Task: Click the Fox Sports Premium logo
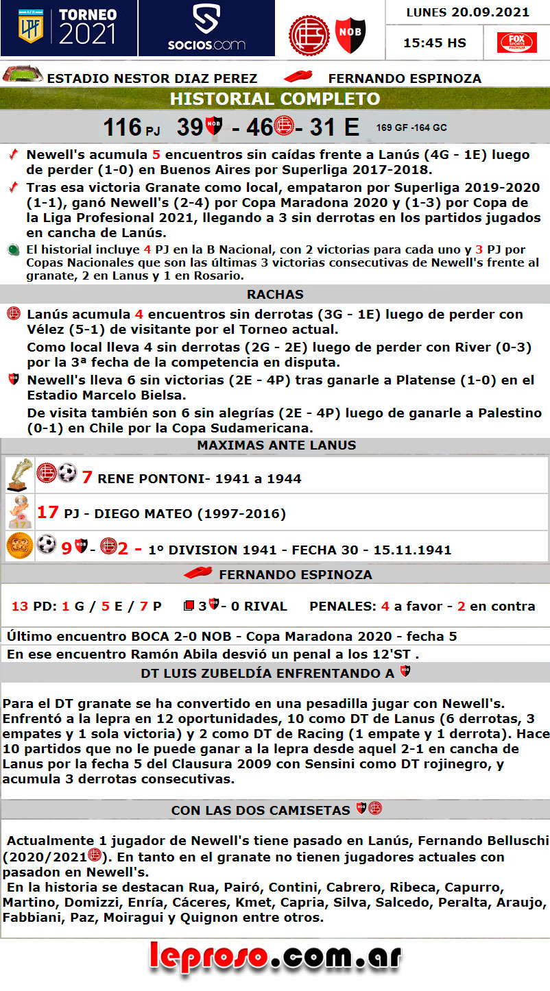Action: (x=517, y=42)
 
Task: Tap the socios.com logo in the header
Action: (x=206, y=28)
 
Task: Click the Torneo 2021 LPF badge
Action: (x=69, y=27)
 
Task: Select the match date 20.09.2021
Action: (x=490, y=12)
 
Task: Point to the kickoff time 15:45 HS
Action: (x=435, y=42)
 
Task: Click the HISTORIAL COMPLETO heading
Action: (x=275, y=99)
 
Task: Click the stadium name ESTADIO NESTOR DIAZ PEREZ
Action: (x=152, y=78)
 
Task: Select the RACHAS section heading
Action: (x=275, y=294)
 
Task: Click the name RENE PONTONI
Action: (x=150, y=478)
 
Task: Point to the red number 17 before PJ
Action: (x=48, y=512)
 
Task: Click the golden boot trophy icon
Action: (x=19, y=474)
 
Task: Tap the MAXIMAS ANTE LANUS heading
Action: (x=276, y=445)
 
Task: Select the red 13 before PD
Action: (x=20, y=607)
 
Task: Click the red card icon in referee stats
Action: (x=189, y=606)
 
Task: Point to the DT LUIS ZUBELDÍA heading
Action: (x=267, y=673)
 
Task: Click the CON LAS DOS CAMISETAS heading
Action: (x=261, y=810)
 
